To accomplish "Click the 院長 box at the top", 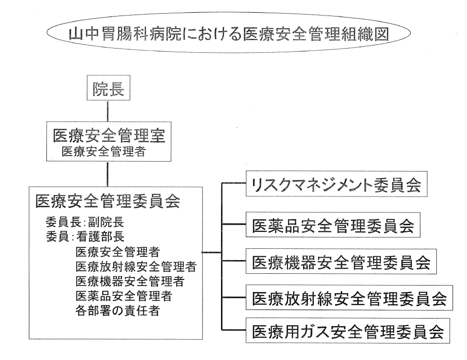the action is [108, 88].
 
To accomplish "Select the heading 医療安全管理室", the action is [109, 136].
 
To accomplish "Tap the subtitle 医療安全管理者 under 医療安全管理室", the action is [104, 152].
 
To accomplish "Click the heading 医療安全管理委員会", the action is [108, 201].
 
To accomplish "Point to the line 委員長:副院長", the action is [85, 222].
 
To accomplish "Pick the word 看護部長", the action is [100, 237].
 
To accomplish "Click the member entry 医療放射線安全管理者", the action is [136, 267].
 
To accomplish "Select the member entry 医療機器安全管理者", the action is [130, 281].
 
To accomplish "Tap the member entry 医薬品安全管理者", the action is [124, 296].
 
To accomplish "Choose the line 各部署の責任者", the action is [118, 311].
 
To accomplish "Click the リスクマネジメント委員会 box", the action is [336, 184].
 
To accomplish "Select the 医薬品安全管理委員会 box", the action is [333, 225].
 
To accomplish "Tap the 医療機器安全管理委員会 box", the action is [341, 262].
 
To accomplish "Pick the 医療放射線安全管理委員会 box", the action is [349, 298].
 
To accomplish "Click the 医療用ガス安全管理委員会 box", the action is [348, 330].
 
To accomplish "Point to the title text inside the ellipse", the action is [229, 34].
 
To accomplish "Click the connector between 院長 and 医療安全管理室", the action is [108, 111].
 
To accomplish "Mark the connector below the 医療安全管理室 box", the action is [108, 174].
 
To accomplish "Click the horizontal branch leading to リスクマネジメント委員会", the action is [234, 183].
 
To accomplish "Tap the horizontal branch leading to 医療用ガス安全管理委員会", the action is [234, 330].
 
